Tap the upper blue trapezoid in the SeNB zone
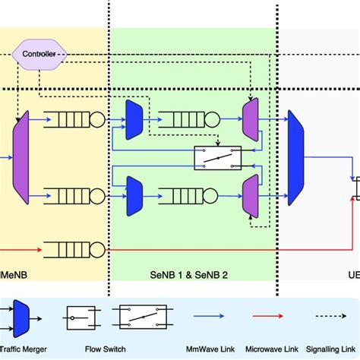134,119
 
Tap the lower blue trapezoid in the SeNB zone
134,194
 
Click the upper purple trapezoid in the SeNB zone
250,119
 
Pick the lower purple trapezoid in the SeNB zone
250,194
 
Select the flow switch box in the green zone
217,157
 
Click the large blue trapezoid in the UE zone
294,157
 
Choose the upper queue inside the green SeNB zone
187,119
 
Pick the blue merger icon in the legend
21,313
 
